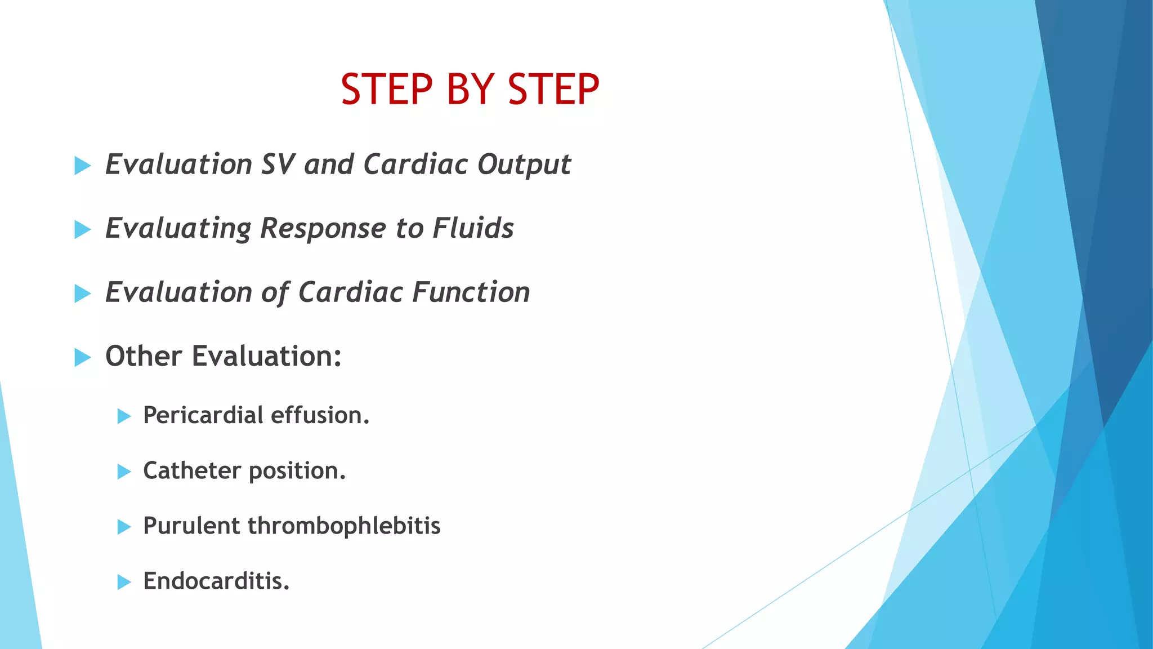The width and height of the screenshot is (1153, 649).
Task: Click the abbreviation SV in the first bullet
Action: pyautogui.click(x=278, y=165)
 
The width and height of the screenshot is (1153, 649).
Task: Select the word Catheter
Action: pyautogui.click(x=192, y=470)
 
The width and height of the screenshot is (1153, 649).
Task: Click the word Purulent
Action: pyautogui.click(x=191, y=526)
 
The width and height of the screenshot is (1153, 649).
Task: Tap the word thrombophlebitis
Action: pyautogui.click(x=344, y=526)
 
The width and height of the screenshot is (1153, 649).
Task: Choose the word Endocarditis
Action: pyautogui.click(x=216, y=581)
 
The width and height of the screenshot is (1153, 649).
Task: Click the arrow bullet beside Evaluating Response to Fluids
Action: pyautogui.click(x=82, y=229)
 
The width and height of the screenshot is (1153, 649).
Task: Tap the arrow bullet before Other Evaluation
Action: pyautogui.click(x=82, y=357)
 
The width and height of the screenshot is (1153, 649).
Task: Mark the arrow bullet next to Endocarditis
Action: pyautogui.click(x=124, y=582)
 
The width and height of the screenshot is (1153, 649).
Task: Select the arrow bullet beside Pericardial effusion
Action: pyautogui.click(x=124, y=416)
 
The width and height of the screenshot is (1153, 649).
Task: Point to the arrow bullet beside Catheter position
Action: pyautogui.click(x=124, y=472)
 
